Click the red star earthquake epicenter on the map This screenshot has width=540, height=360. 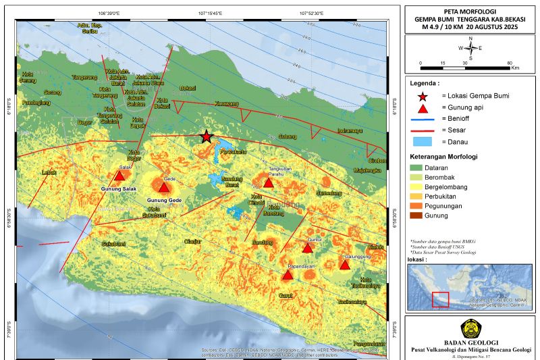pyautogui.click(x=206, y=137)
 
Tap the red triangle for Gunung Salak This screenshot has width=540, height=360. pyautogui.click(x=119, y=177)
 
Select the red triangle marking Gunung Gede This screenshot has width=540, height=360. pyautogui.click(x=164, y=186)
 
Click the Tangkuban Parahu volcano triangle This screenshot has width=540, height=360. pyautogui.click(x=269, y=183)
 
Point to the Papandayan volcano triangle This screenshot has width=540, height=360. pyautogui.click(x=288, y=275)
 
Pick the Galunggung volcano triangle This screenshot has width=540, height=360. pyautogui.click(x=345, y=265)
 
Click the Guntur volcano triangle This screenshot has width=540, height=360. pyautogui.click(x=307, y=249)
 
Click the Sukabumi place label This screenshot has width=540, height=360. pyautogui.click(x=96, y=242)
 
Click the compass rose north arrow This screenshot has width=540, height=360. pyautogui.click(x=470, y=48)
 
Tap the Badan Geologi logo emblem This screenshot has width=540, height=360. pyautogui.click(x=471, y=329)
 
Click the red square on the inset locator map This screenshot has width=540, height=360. pyautogui.click(x=440, y=299)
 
